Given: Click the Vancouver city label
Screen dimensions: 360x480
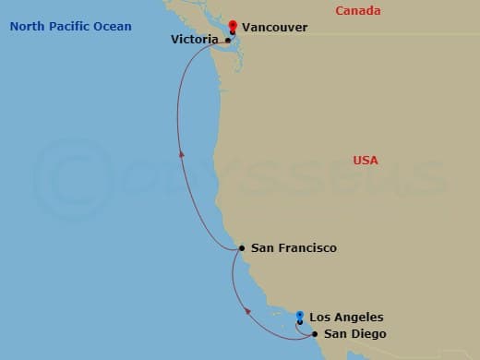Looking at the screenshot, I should pos(276,28).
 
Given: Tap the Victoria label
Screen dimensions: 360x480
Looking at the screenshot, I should pos(196,41).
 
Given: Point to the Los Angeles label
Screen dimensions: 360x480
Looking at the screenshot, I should pos(346,317).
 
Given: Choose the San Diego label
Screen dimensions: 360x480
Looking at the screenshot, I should pos(355,333).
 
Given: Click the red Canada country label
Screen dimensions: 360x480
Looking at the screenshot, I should pos(359,10).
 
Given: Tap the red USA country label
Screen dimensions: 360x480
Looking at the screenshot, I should pos(366,161).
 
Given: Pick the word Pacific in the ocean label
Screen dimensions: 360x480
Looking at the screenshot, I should pos(70,26).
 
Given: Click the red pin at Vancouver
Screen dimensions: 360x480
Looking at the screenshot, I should pos(233,27).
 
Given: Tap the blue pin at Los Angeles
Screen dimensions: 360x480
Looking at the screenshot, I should pos(300,317).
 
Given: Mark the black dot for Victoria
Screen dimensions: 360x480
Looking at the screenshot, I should pos(228,41).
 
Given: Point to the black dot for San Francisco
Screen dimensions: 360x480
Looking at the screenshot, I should pos(242,248).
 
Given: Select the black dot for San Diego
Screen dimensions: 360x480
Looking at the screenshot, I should pos(315,333).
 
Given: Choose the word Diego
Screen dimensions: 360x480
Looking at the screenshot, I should pos(369,333).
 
